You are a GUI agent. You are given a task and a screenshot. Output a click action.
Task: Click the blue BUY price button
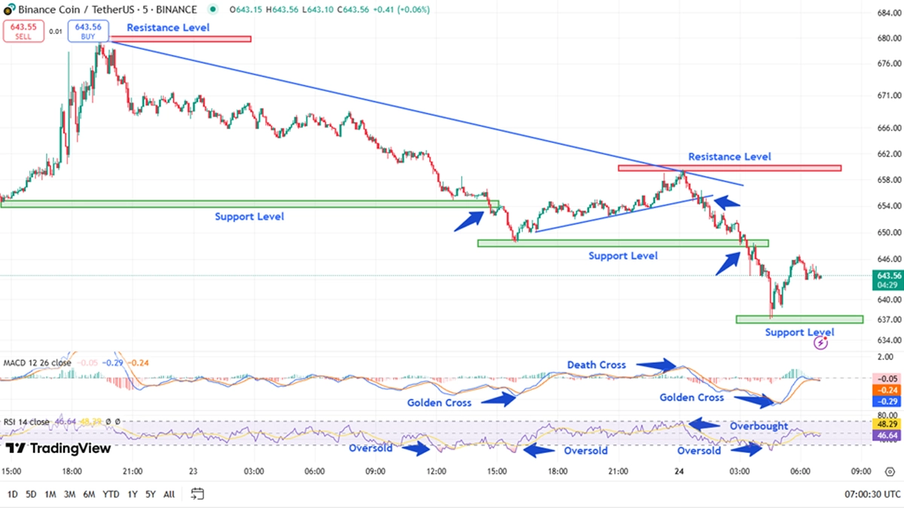tap(88, 31)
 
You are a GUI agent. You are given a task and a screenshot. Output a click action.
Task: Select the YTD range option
tap(110, 494)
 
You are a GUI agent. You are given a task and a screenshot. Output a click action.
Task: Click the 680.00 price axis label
tap(889, 37)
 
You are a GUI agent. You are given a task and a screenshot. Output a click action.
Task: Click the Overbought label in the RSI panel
tap(759, 426)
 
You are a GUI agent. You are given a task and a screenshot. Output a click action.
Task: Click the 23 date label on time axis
tap(194, 472)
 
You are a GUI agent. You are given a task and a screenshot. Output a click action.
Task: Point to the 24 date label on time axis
tap(680, 472)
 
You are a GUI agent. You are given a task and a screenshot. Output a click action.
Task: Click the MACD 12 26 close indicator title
tap(38, 363)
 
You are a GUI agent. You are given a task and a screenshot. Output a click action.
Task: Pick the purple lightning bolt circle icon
tap(821, 343)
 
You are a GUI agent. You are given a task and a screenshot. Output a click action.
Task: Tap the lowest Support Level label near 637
tap(799, 332)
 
